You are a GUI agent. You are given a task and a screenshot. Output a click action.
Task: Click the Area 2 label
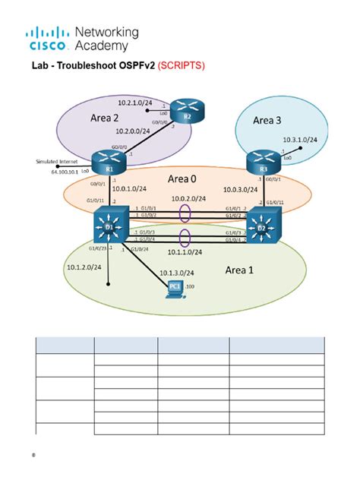point(106,118)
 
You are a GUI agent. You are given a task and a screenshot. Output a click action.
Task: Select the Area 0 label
point(182,179)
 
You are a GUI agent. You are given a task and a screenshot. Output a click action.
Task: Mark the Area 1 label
point(242,270)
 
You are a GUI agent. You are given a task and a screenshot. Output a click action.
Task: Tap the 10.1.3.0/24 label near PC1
point(176,273)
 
